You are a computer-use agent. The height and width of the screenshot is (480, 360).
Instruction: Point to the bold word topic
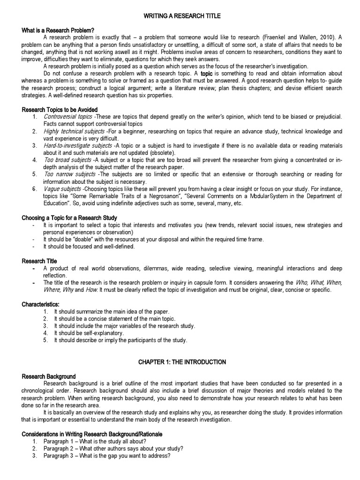coord(207,74)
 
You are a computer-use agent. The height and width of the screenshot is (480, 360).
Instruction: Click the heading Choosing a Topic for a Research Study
coord(69,218)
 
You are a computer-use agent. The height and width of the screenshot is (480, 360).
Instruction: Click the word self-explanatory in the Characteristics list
coord(91,333)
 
